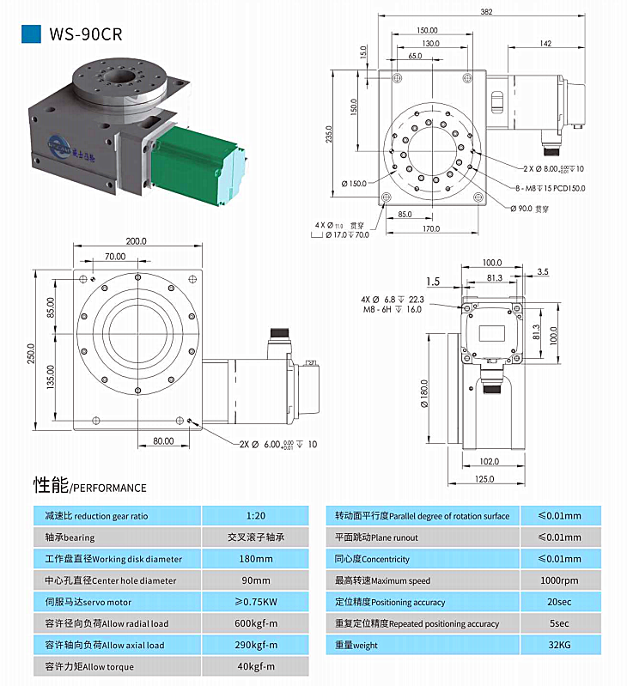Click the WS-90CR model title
coord(84,34)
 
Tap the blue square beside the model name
coord(31,33)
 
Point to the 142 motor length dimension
coord(546,42)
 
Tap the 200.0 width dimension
coord(136,241)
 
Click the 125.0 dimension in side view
coord(485,479)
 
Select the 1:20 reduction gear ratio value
coord(256,516)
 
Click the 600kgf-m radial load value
coord(256,623)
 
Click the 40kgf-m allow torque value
coord(256,666)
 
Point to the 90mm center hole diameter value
coord(256,580)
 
